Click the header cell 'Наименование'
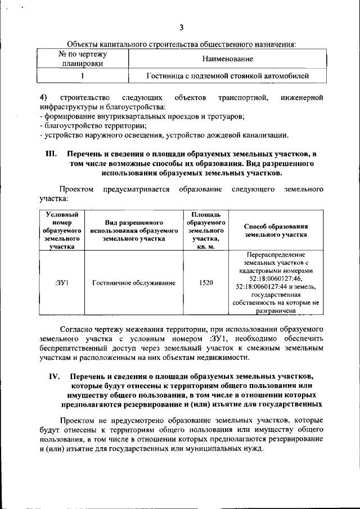227,58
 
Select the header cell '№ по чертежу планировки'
83,58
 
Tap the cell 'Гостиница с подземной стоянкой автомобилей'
227,75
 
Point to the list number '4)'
43,98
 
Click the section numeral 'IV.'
52,376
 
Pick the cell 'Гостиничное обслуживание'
134,282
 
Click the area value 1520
206,282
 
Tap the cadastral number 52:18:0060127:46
276,278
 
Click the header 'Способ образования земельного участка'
276,231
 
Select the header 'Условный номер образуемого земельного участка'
61,231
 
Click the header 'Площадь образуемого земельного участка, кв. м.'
206,231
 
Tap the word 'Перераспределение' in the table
276,255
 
